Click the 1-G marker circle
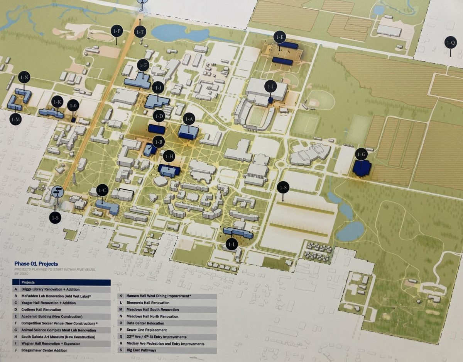coord(362,155)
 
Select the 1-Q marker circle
coord(451,42)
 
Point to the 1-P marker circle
coord(117,31)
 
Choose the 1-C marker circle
coord(102,190)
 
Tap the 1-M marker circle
coord(16,119)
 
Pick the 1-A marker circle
coord(189,119)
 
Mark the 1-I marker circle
coord(270,87)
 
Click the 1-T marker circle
coord(140,32)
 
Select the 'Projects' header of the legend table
coord(28,282)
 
